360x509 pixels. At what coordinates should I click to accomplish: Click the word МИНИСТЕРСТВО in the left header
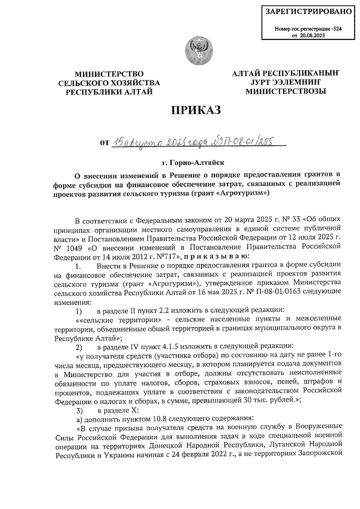109,74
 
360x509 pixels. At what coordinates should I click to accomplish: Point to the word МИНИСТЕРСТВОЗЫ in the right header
286,91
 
